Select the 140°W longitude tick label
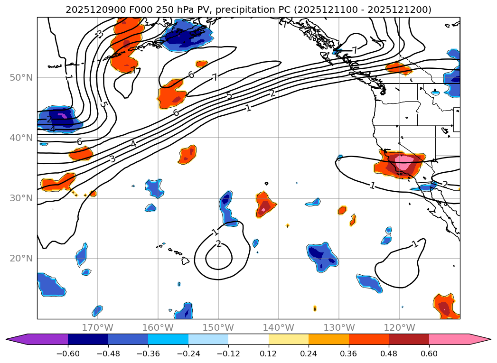279,327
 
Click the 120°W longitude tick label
400,327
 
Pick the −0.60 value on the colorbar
68,355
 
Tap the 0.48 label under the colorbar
389,355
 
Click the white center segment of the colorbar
248,339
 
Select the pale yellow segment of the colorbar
288,339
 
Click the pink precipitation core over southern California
404,163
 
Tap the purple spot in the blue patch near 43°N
62,115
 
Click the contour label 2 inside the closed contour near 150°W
218,244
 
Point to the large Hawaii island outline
185,261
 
